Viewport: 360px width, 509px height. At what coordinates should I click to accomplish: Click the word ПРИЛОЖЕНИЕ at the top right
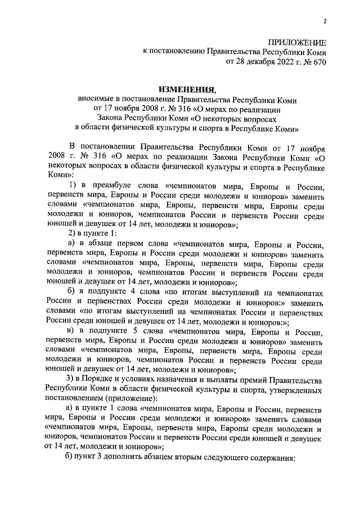coord(296,43)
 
